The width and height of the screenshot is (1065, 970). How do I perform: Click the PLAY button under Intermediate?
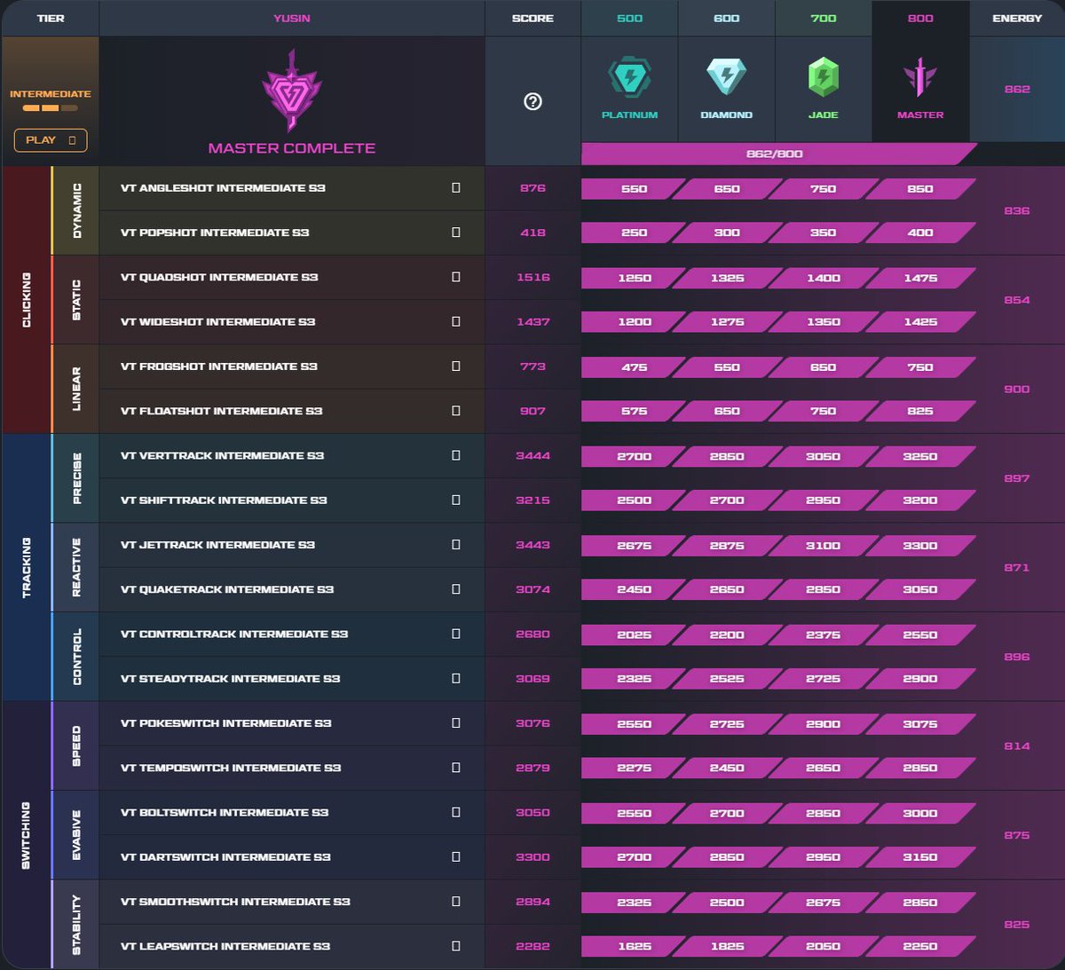point(51,140)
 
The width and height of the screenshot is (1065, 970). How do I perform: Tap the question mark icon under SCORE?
point(532,101)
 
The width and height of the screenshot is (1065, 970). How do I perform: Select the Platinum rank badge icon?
point(629,79)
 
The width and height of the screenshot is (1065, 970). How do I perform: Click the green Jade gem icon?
point(823,79)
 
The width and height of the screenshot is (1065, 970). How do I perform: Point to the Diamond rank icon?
point(726,78)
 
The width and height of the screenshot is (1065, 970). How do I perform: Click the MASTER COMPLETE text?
point(291,148)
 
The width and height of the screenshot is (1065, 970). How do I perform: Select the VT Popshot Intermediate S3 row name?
point(215,233)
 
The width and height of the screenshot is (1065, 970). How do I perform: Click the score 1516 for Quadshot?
point(532,277)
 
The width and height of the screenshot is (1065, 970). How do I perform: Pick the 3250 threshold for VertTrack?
point(919,456)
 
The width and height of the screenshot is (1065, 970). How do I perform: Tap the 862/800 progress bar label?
point(774,154)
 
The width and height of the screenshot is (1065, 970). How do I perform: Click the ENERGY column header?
point(1017,18)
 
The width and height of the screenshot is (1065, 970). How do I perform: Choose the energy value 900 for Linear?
point(1016,389)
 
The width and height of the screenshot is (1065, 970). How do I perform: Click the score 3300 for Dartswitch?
point(532,857)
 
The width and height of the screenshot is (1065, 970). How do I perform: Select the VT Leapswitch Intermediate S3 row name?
point(225,946)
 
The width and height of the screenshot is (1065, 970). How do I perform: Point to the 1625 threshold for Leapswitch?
point(634,946)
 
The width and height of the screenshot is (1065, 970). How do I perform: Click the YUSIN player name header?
point(291,18)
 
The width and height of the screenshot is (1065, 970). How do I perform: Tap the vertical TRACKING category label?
point(27,567)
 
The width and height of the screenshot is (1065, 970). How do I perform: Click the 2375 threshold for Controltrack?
point(823,635)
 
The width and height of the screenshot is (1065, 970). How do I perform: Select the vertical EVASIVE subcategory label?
point(76,835)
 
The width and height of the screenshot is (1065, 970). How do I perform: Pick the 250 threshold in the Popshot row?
point(634,233)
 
